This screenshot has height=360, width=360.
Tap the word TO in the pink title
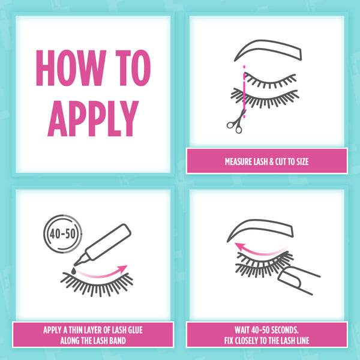coord(133,68)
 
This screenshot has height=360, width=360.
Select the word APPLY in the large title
coord(93,118)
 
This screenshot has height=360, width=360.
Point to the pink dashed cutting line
coord(244,92)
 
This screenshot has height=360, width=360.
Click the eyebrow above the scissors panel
coord(268,50)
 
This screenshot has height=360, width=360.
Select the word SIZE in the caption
coord(302,161)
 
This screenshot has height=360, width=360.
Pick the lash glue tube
coord(103,244)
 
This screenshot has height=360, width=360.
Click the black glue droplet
coord(74,271)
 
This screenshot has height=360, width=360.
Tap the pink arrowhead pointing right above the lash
coord(122,269)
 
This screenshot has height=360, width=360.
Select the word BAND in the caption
coord(118,340)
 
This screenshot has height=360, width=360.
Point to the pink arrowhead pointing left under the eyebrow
coord(239,247)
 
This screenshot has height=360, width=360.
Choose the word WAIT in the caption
coord(242,330)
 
